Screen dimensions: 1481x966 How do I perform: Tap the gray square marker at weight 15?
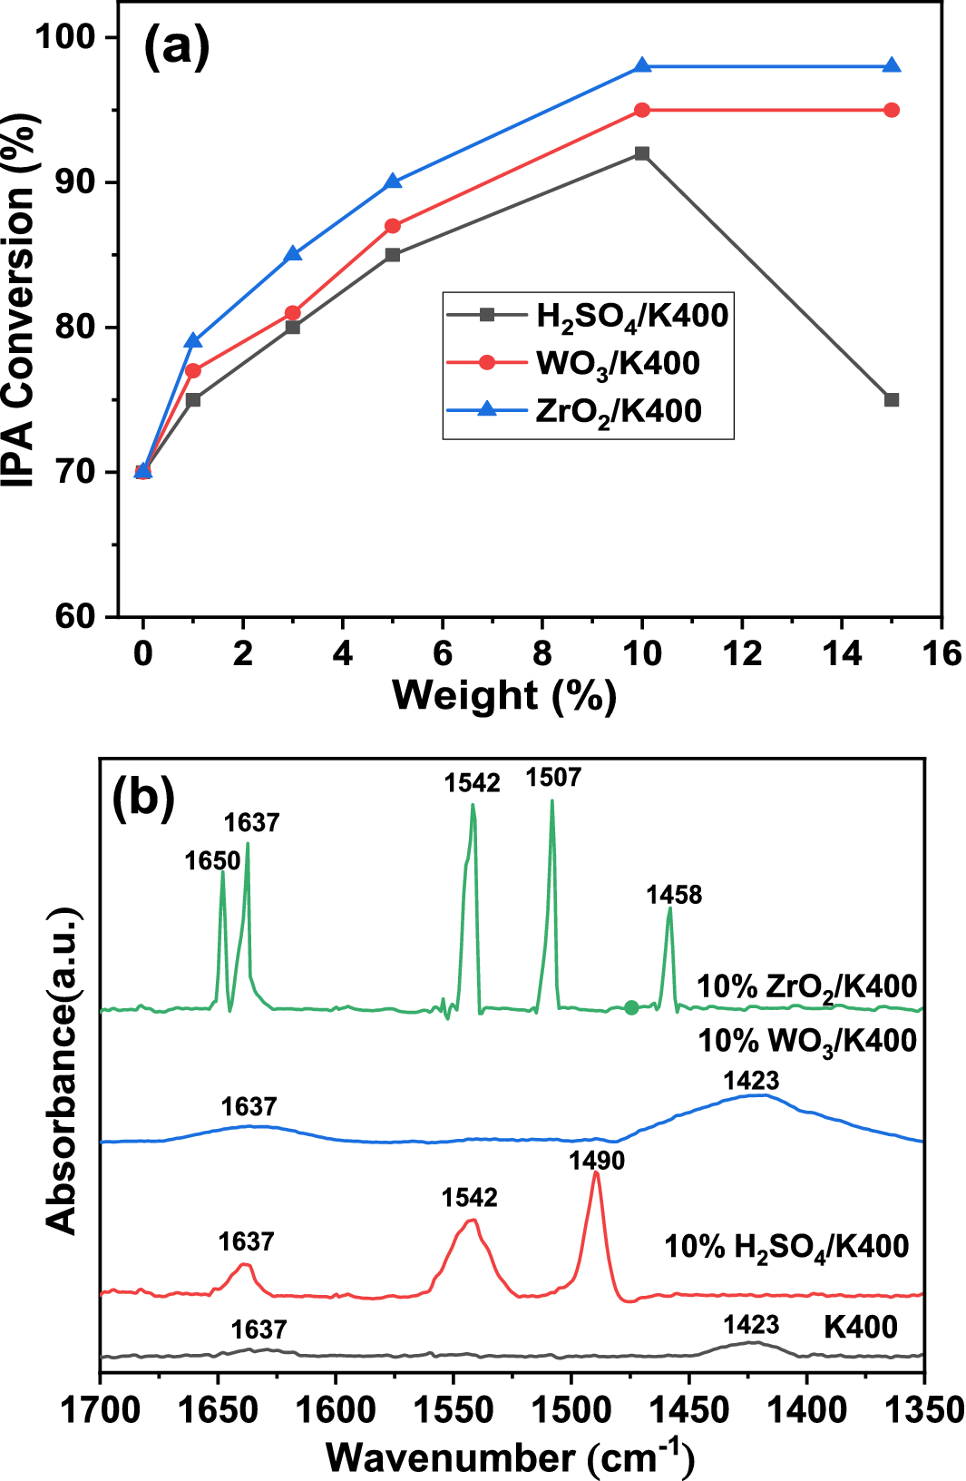click(892, 400)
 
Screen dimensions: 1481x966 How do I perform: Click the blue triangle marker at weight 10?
click(642, 66)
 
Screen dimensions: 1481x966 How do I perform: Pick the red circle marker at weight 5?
click(393, 226)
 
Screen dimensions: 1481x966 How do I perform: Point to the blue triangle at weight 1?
click(193, 341)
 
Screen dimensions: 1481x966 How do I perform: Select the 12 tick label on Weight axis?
click(742, 653)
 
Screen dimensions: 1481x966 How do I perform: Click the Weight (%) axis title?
click(504, 696)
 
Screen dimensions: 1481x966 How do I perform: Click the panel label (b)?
click(142, 799)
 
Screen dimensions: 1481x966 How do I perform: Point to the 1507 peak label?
click(553, 778)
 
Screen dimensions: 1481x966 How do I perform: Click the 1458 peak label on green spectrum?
click(674, 895)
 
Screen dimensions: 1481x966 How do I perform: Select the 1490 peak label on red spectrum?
click(597, 1161)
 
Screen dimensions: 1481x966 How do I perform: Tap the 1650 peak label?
click(212, 860)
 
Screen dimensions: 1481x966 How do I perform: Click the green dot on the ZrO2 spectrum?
click(631, 1007)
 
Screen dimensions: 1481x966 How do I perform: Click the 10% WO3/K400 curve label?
click(807, 1041)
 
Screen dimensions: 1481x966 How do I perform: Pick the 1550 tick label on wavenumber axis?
click(454, 1410)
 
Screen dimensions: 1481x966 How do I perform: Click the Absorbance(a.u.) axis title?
click(62, 1071)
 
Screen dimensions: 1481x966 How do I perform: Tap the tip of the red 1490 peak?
click(596, 1173)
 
